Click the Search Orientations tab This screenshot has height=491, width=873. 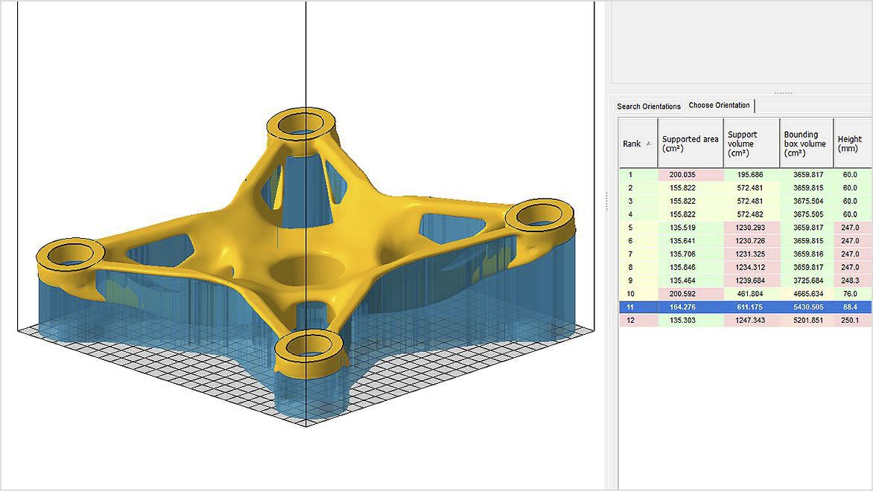648,106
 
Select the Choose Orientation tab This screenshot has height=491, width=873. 719,106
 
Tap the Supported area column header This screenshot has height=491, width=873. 691,144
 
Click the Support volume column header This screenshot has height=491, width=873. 751,144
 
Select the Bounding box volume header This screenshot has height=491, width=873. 805,144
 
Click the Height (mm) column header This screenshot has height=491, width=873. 850,144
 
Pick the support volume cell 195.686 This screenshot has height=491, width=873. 752,175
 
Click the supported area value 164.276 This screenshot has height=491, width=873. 691,307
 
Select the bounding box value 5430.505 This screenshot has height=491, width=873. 806,307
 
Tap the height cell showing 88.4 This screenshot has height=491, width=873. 850,307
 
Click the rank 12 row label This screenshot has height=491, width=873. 631,320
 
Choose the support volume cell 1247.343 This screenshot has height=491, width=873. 752,320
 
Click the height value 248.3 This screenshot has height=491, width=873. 850,280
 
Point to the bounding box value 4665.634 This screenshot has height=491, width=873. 806,294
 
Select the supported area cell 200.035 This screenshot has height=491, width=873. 691,175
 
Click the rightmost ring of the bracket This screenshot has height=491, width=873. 539,217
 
